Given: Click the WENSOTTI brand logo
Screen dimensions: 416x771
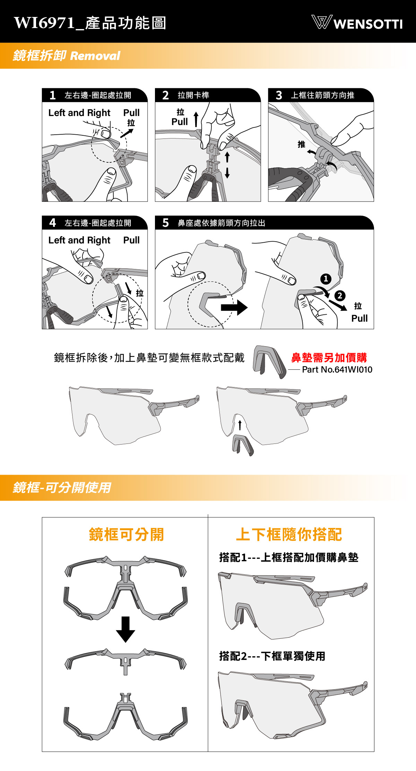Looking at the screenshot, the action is coord(357,23).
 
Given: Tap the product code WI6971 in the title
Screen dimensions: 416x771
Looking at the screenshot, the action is coord(44,23).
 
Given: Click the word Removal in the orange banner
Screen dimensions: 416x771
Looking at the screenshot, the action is coord(95,55).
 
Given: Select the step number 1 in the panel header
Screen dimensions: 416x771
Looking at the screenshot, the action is coord(53,95).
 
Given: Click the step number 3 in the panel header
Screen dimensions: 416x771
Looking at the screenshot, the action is coord(279,95).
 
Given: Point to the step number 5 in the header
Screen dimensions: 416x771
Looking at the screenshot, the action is coord(166,223).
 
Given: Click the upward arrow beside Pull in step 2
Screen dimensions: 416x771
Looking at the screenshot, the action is coord(196,119).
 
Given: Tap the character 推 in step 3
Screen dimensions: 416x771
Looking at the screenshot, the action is coord(302,144).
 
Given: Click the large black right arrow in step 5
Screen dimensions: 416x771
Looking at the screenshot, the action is coord(234,307).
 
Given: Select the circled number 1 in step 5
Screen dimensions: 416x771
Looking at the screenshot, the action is coord(326,279).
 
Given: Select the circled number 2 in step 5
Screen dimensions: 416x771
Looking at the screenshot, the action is coord(340,295).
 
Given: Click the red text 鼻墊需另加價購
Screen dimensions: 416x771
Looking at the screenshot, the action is coord(329,357).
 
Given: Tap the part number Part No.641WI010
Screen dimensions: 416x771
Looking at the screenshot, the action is coord(337,369).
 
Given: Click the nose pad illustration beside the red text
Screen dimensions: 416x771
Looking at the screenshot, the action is coord(270,361).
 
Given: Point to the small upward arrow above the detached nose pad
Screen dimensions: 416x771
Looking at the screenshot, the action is coord(240,425).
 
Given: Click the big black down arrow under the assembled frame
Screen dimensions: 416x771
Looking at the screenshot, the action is coord(125,629).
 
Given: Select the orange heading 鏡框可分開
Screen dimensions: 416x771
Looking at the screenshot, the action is coord(126,534).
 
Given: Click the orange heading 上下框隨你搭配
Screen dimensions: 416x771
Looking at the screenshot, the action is coord(289,534).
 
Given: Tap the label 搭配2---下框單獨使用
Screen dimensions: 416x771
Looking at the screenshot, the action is coord(272,656).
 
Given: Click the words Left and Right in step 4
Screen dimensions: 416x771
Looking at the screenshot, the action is coord(79,240).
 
